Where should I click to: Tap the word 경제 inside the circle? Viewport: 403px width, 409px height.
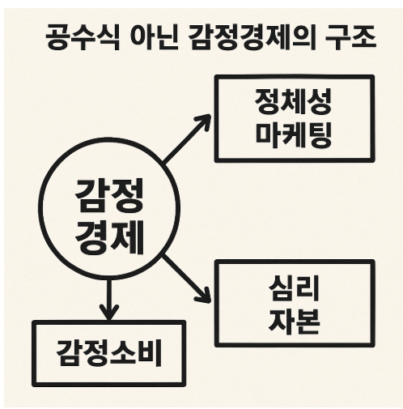coord(109,236)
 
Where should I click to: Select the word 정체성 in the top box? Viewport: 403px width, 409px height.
coord(294,103)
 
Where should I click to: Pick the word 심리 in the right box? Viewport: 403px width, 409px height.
coord(294,290)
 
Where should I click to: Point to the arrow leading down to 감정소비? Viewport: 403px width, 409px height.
coord(108,298)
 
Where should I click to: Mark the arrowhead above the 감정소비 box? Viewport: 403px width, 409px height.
coord(108,313)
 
